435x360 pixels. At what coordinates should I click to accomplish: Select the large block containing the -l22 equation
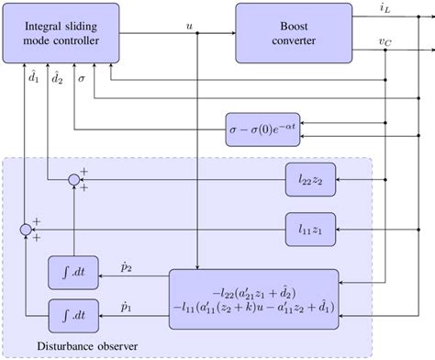253,298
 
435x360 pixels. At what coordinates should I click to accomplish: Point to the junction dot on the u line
198,34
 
